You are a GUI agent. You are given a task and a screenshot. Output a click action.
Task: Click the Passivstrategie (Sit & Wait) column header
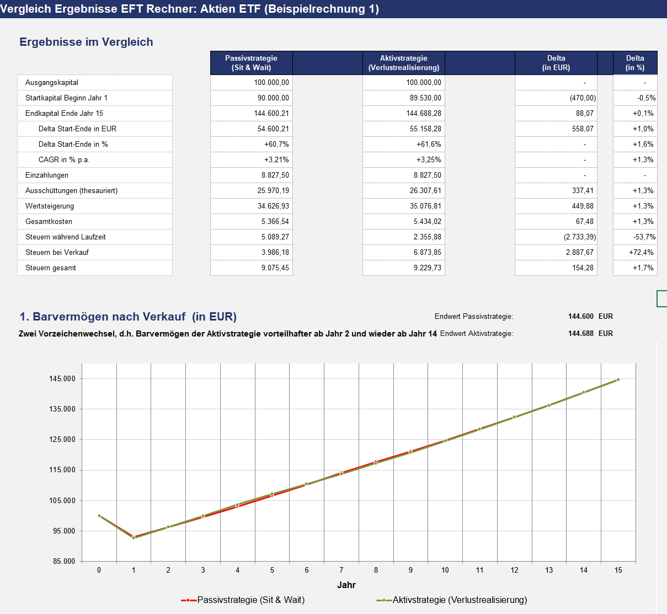251,63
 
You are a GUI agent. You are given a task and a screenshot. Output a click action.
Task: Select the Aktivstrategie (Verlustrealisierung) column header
403,63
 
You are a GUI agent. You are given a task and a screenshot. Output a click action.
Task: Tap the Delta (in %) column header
635,63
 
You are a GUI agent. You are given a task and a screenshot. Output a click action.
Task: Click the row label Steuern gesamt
51,268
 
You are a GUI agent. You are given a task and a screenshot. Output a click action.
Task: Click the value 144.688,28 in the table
423,113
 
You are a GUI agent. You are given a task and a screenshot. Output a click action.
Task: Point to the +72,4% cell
641,252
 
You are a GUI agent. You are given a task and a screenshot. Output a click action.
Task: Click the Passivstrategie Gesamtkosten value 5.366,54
275,221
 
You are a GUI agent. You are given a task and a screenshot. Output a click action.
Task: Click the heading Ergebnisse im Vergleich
86,42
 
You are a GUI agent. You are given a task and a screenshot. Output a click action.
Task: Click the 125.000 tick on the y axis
62,440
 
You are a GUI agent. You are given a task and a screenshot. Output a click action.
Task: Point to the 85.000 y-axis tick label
64,561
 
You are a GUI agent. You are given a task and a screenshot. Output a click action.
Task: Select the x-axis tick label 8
376,570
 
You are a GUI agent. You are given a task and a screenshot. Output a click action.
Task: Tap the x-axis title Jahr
346,585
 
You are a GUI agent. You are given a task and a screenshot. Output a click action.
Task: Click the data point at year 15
618,380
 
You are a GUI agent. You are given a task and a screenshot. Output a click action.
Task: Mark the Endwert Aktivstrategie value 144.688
580,333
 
